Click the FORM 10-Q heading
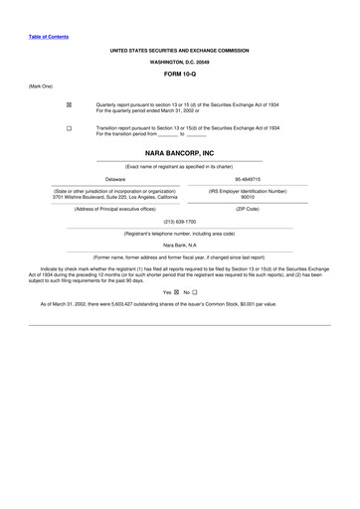(179, 74)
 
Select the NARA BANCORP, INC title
(179, 154)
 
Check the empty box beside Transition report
(69, 129)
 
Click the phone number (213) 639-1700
(179, 221)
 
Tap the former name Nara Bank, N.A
(179, 244)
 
